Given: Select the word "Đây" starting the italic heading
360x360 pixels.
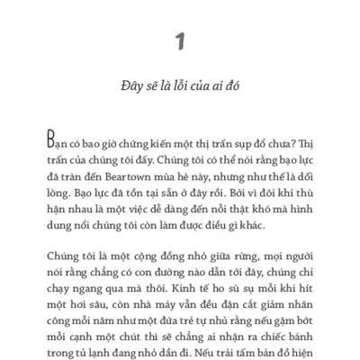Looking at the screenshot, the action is point(130,91).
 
